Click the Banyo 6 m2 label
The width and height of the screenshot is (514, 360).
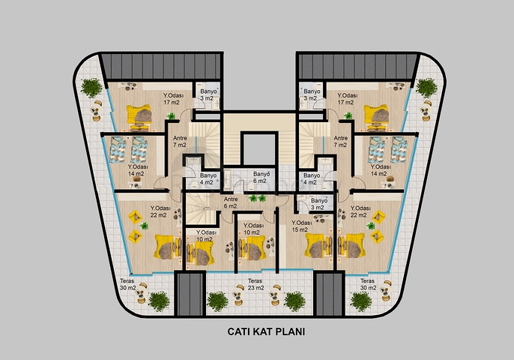pyautogui.click(x=259, y=178)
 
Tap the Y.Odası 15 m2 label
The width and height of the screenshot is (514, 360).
pyautogui.click(x=302, y=226)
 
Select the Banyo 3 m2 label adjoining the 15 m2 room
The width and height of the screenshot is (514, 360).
pyautogui.click(x=318, y=204)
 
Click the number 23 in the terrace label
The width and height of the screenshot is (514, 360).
pyautogui.click(x=251, y=289)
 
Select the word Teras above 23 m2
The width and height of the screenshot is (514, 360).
pyautogui.click(x=256, y=281)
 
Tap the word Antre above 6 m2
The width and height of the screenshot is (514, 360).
pyautogui.click(x=230, y=199)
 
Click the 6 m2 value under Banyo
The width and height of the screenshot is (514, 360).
pyautogui.click(x=259, y=181)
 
